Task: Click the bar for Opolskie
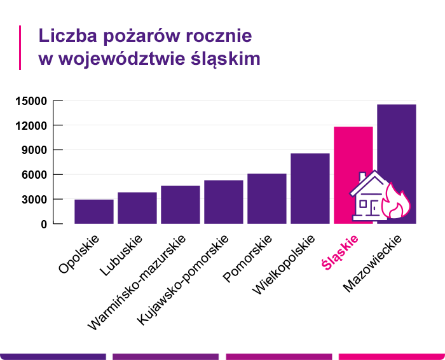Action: [94, 212]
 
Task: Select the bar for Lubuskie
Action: [137, 208]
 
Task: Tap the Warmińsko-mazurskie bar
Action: [181, 205]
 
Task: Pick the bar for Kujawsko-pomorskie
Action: [224, 202]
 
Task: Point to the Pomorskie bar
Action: [267, 198]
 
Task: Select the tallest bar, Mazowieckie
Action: [397, 146]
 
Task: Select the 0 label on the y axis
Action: [44, 225]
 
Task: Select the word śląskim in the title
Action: [226, 59]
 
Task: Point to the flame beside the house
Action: [399, 202]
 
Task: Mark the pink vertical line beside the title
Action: [20, 47]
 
